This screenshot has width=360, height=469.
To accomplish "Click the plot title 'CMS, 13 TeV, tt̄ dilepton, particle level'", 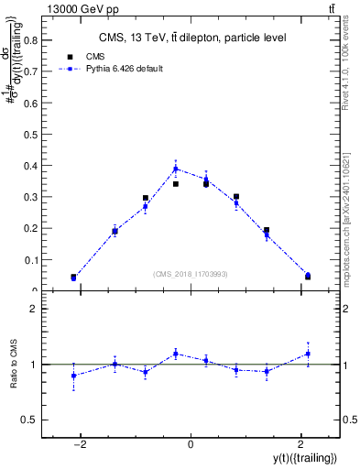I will point(192,38).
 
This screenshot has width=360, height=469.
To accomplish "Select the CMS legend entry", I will point(82,56).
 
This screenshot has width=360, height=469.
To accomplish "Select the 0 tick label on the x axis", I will point(191,443).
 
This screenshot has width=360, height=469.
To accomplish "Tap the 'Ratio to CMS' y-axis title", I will point(13,365).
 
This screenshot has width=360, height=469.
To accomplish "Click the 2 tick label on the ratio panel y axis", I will point(35,310).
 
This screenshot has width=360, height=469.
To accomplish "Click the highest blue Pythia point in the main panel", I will point(176,169).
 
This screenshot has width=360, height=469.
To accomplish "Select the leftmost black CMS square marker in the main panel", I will point(73,277).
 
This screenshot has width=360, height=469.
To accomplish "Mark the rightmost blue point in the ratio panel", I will point(308,354).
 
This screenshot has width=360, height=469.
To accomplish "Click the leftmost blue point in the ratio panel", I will point(73,376).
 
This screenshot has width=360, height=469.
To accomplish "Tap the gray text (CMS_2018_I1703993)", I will point(191,273).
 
